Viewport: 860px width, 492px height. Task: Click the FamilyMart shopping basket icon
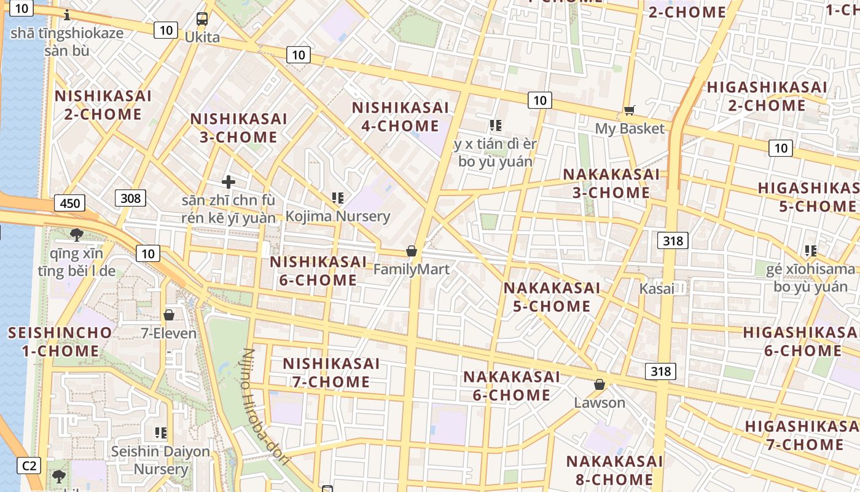coord(412,252)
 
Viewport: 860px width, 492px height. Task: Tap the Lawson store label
coord(600,403)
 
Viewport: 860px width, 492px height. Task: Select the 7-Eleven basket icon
coord(169,315)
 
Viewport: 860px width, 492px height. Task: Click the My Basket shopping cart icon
coord(629,111)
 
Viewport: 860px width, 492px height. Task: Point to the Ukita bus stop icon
coord(202,19)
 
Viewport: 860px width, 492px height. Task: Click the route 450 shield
coord(69,202)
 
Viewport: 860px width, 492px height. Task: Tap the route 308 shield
coord(130,197)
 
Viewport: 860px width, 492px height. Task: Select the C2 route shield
coord(29,466)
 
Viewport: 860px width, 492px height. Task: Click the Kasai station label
coord(656,288)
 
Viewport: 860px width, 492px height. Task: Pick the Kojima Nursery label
coord(338,216)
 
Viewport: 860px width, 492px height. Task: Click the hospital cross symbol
coord(229,182)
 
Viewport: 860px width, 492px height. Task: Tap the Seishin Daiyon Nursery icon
coord(161,433)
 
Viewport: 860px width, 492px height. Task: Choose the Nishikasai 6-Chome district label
coord(318,271)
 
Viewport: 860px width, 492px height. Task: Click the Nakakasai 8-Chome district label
coord(614,470)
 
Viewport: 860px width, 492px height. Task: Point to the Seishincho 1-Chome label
coord(60,342)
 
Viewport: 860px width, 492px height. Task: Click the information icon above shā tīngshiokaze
coord(67,15)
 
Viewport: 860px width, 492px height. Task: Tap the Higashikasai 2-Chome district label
coord(767,96)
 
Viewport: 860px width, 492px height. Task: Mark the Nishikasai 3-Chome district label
coord(238,127)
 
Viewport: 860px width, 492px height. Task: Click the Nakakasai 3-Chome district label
coord(611,183)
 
